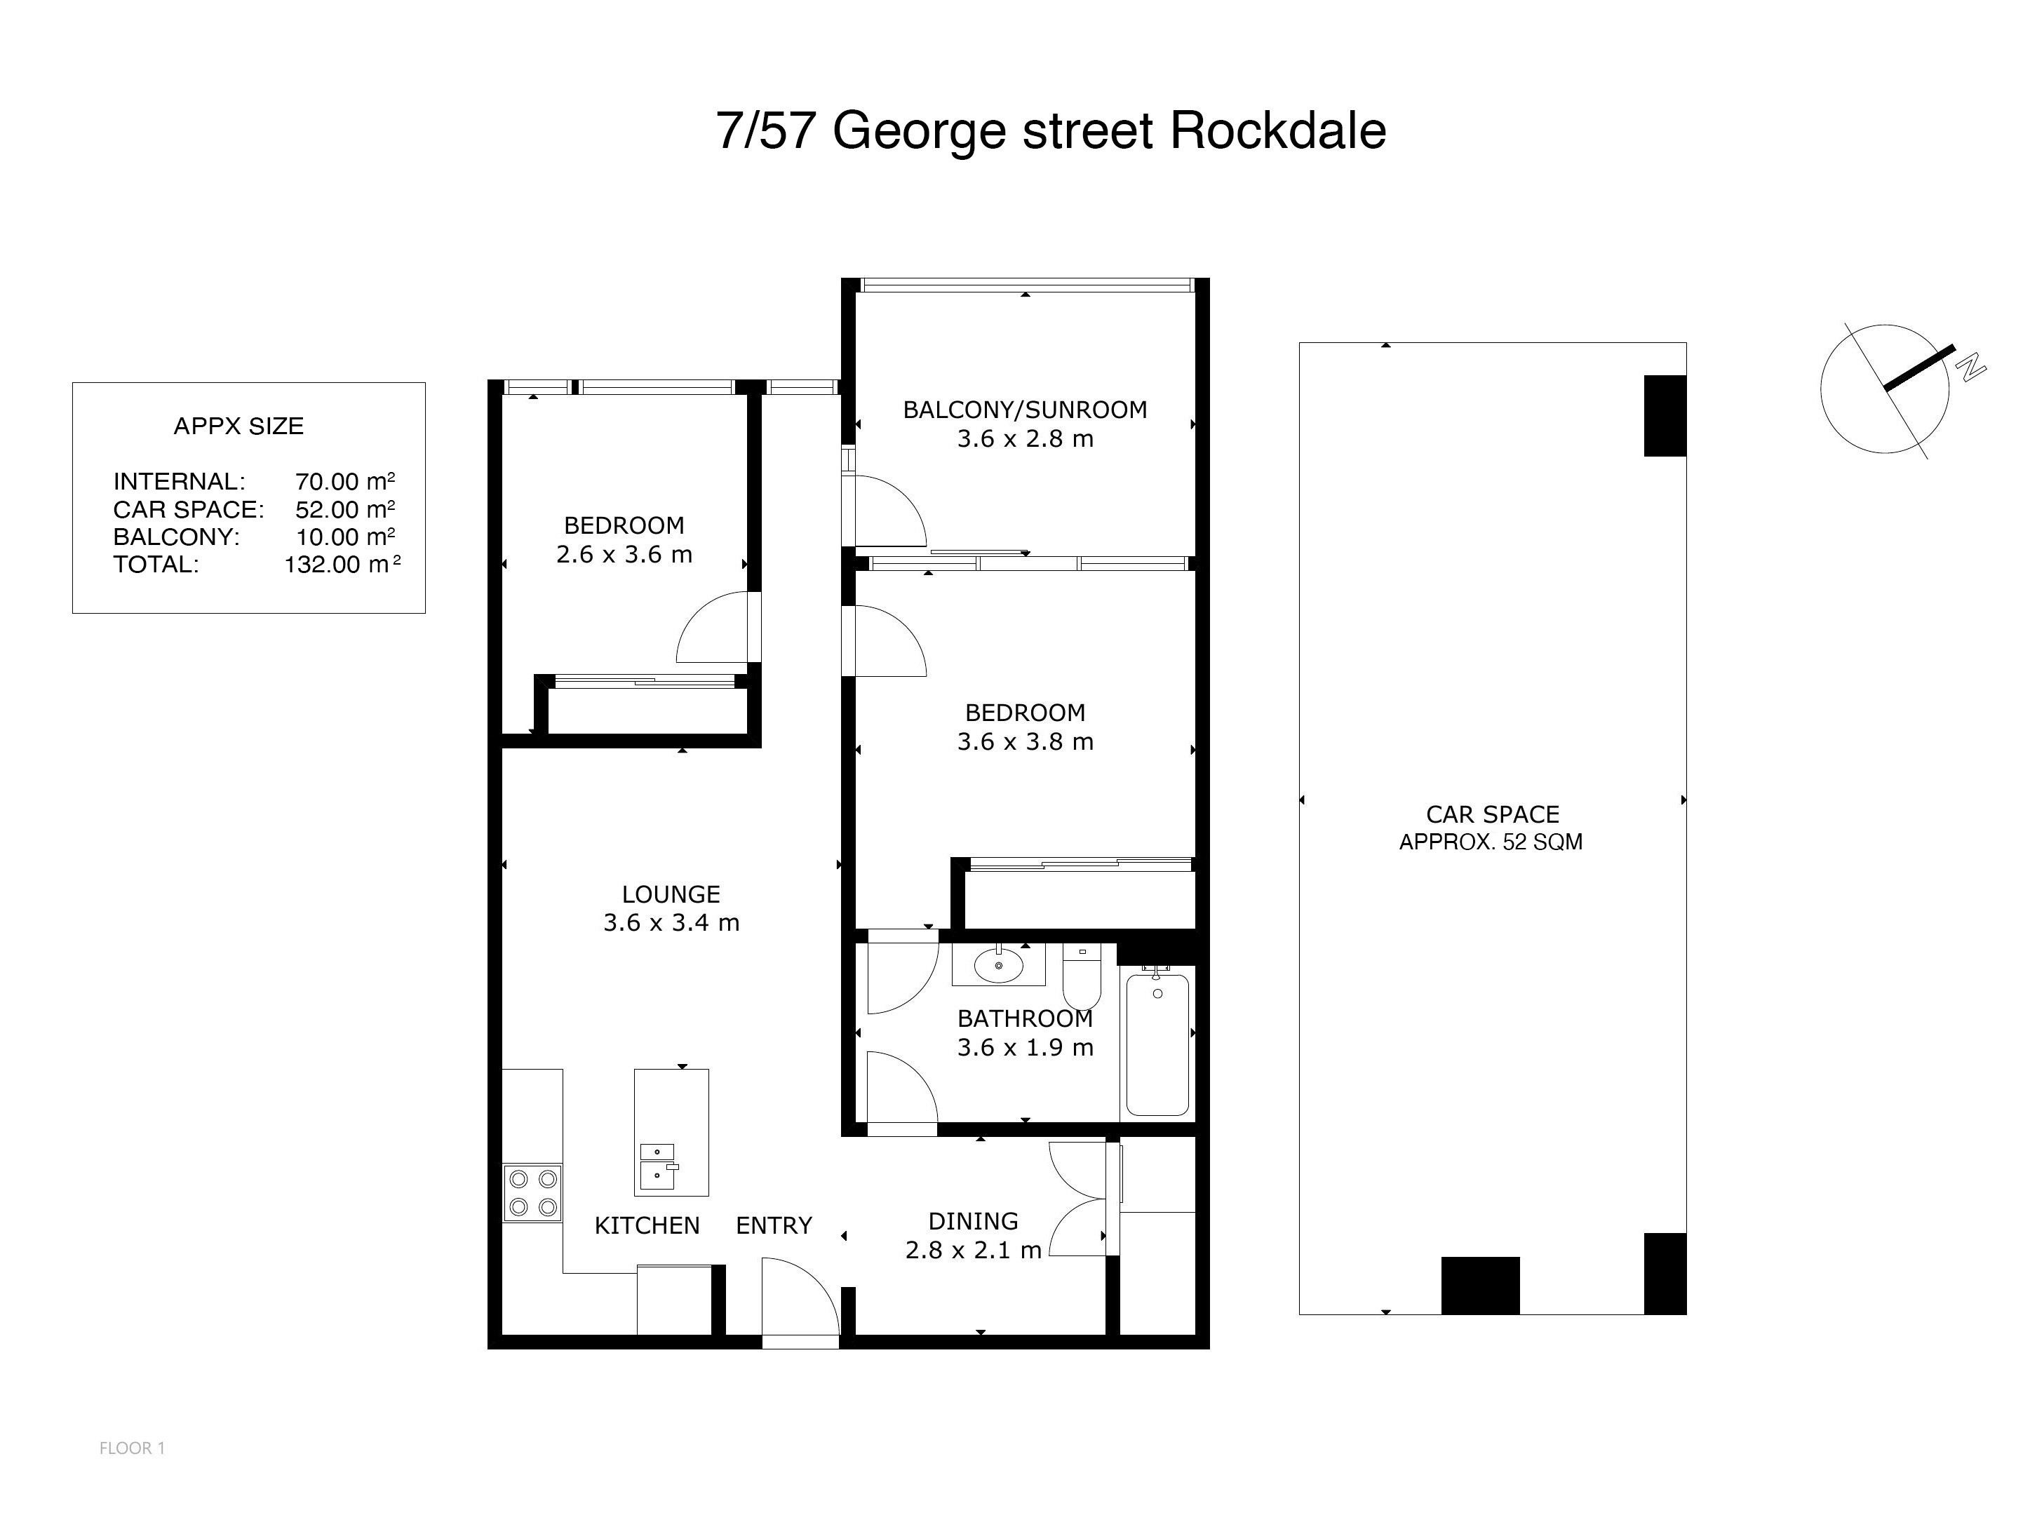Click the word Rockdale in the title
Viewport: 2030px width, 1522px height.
[1277, 130]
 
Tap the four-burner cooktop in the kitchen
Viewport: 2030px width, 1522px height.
[532, 1192]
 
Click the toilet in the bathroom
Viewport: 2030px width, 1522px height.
[1082, 976]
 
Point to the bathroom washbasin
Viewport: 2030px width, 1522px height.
[998, 965]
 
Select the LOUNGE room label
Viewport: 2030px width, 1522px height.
[671, 894]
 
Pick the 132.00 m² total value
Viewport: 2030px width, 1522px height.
[342, 564]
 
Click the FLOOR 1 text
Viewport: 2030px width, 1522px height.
[132, 1448]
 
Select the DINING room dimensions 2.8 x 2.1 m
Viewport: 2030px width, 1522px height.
[974, 1251]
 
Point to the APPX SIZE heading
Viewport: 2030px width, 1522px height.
[238, 426]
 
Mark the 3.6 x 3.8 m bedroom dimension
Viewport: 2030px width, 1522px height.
[1025, 741]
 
